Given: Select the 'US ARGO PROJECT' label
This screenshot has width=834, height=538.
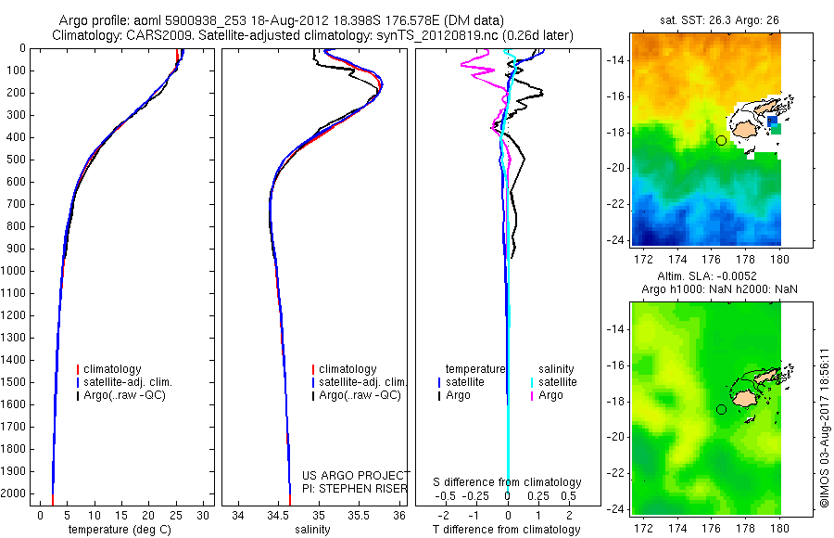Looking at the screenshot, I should point(356,475).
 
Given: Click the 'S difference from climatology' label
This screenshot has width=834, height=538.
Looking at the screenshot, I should point(508,482).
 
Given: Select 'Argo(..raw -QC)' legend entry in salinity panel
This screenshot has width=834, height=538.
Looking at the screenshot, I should point(360,395).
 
